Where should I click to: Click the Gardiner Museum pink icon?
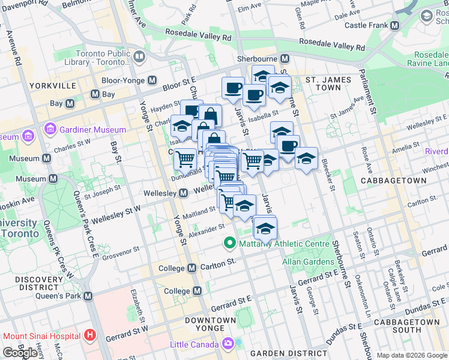(50, 130)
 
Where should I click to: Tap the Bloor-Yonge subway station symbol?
(152, 80)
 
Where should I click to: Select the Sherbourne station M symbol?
(285, 59)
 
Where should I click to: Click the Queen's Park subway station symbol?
(88, 296)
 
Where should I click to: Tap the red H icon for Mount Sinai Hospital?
(90, 334)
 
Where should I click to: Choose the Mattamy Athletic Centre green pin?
(229, 244)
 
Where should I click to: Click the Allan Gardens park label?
(309, 262)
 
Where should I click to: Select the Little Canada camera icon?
(228, 344)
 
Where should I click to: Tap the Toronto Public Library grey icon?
(139, 57)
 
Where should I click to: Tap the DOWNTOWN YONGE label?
(210, 325)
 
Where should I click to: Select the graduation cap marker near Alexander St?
(265, 229)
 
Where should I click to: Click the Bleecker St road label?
(329, 175)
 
